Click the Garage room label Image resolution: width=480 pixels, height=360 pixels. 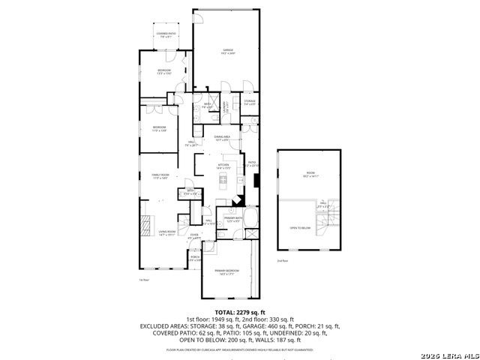coord(228,52)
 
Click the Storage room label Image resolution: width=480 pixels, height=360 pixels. coord(250,102)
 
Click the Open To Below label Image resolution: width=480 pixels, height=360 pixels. coord(300,228)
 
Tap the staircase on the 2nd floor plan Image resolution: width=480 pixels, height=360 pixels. coord(328,221)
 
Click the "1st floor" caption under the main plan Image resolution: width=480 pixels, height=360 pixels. coord(144,280)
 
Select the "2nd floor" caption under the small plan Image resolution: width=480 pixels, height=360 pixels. coord(282,261)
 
